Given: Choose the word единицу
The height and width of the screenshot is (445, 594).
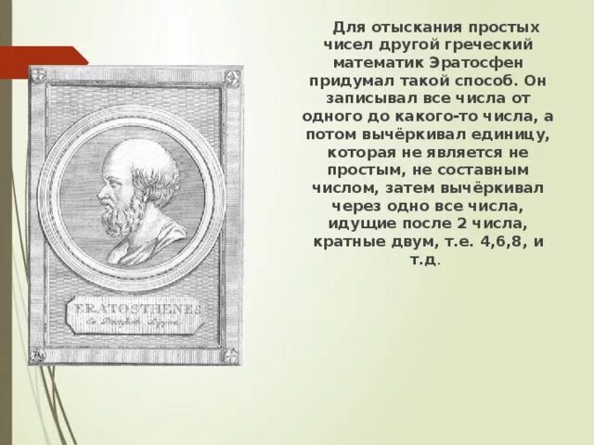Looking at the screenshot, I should tap(512, 134).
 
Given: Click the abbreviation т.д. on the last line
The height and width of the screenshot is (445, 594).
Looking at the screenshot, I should tap(423, 261).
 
